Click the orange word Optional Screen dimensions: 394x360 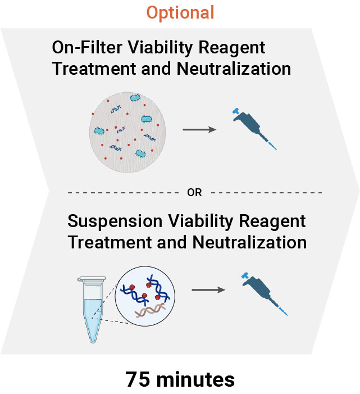coord(180,12)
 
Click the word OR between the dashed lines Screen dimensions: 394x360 coord(194,192)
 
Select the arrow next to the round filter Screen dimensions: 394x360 coord(199,130)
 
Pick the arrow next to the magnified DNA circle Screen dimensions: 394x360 coord(208,290)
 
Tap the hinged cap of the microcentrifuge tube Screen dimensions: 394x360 coord(90,278)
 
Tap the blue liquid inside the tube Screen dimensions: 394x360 coord(90,315)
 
